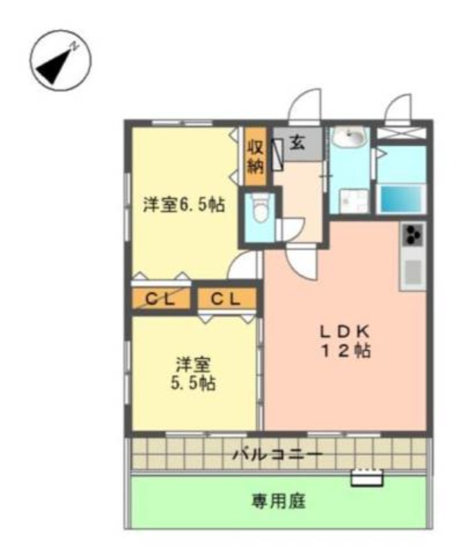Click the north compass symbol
pos(60,60)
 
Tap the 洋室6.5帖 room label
pos(184,204)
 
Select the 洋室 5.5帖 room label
pos(193,374)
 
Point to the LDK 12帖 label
pos(346,341)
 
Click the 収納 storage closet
pos(255,156)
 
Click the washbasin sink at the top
pos(350,138)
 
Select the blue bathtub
pos(401,199)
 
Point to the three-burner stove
pos(413,234)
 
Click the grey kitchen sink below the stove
pos(413,272)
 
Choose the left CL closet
pos(161,299)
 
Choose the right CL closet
pos(227,299)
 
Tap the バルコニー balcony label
pos(277,455)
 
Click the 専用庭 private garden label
pos(278,501)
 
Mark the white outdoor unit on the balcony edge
pos(367,477)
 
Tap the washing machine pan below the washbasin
pos(354,201)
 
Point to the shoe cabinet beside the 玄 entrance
pos(277,155)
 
